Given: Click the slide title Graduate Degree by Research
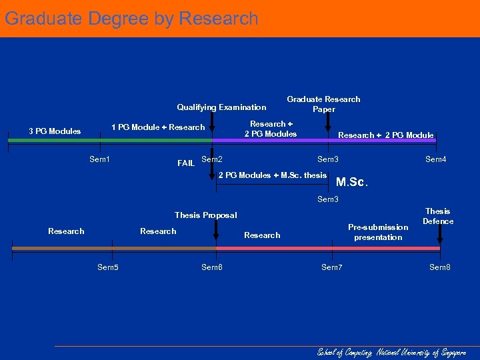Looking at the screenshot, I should pyautogui.click(x=131, y=19).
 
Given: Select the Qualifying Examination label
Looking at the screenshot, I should pyautogui.click(x=221, y=107).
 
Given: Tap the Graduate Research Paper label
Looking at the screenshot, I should pyautogui.click(x=323, y=104).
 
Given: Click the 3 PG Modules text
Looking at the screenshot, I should pyautogui.click(x=55, y=131).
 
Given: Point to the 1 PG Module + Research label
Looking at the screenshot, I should pyautogui.click(x=158, y=127).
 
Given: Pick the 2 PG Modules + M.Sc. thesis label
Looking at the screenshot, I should pyautogui.click(x=273, y=175).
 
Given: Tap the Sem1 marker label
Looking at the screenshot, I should pyautogui.click(x=99, y=159).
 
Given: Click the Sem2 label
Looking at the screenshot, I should pyautogui.click(x=212, y=159).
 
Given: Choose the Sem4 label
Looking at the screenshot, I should pyautogui.click(x=436, y=159).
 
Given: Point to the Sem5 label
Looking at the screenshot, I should pyautogui.click(x=108, y=267).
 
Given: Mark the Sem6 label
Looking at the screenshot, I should pyautogui.click(x=212, y=267).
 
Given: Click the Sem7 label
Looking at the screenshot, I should pyautogui.click(x=331, y=267).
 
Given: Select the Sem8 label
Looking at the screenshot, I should pyautogui.click(x=440, y=267).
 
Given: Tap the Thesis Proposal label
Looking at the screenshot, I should pyautogui.click(x=205, y=215).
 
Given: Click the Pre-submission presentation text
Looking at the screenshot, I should pyautogui.click(x=378, y=232).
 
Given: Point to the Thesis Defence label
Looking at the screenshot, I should pyautogui.click(x=438, y=216).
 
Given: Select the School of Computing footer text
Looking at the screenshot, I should pyautogui.click(x=391, y=352).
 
